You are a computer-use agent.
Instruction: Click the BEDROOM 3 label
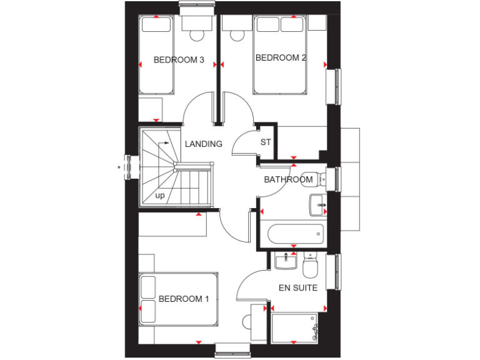(x=179, y=61)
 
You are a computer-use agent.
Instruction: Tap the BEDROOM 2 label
(x=281, y=58)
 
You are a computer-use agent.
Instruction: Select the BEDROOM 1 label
(x=184, y=299)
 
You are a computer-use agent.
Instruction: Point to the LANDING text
(x=203, y=144)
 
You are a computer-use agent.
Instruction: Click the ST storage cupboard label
(x=266, y=142)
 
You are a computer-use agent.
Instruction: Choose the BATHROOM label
(x=288, y=180)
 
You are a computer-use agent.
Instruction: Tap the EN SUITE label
(x=298, y=288)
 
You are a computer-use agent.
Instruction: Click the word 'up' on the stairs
(x=160, y=196)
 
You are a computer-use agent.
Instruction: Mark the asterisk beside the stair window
(x=119, y=167)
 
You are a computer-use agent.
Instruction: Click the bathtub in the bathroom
(x=294, y=235)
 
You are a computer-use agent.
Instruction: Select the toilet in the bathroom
(x=312, y=178)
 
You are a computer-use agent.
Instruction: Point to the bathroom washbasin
(x=318, y=204)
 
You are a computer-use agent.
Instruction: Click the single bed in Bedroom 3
(x=155, y=56)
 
